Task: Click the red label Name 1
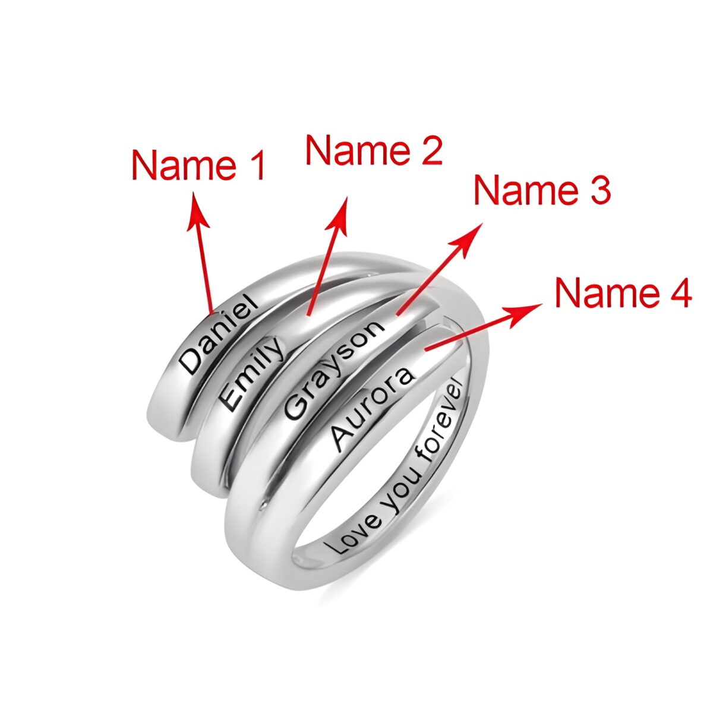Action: pos(198,165)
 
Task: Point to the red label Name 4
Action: pos(623,293)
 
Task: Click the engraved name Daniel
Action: pos(218,334)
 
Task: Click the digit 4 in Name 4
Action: pos(680,294)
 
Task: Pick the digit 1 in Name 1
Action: pos(257,165)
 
